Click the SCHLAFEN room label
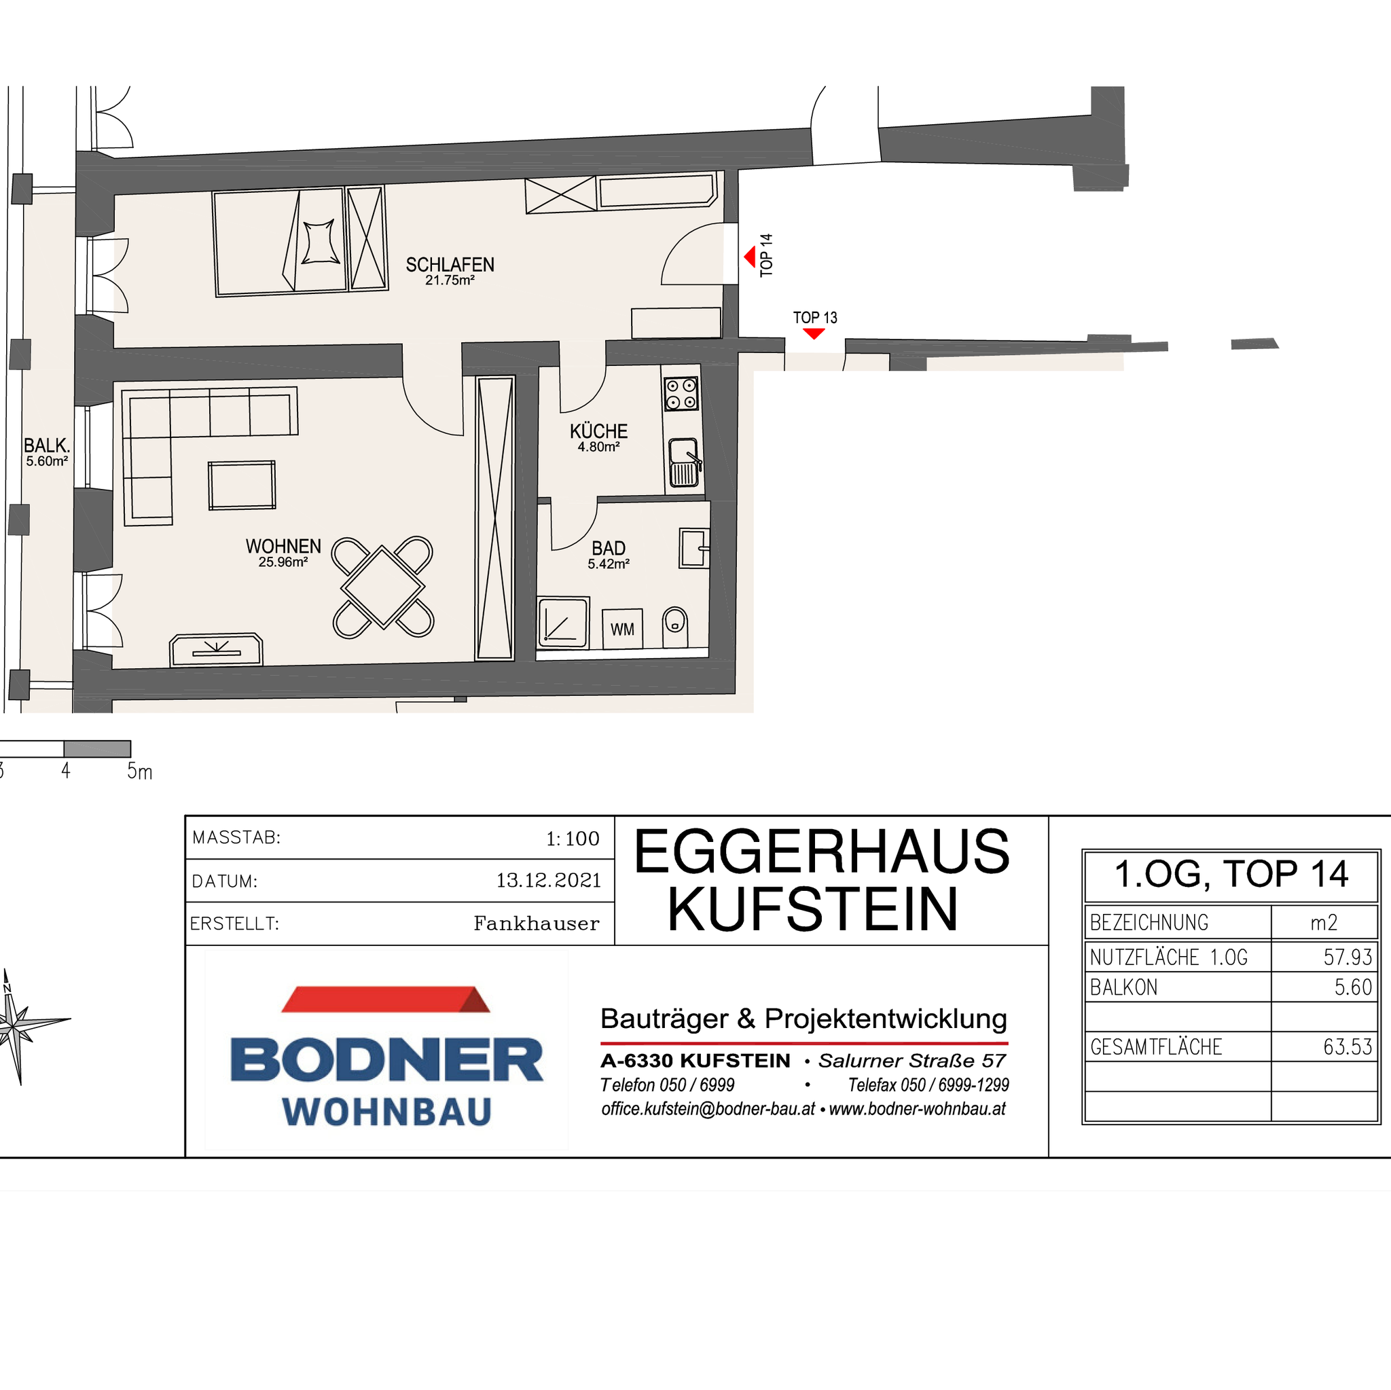click(450, 265)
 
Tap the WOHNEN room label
click(284, 547)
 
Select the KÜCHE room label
click(599, 431)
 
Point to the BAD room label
click(609, 549)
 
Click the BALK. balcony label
click(47, 445)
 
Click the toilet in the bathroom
click(674, 627)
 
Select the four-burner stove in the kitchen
click(681, 394)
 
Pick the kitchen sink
click(684, 463)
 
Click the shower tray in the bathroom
click(564, 622)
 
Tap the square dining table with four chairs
click(383, 587)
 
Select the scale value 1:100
click(573, 839)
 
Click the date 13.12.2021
click(549, 880)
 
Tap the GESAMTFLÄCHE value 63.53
click(1348, 1046)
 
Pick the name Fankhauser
click(537, 923)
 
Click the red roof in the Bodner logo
click(386, 999)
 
